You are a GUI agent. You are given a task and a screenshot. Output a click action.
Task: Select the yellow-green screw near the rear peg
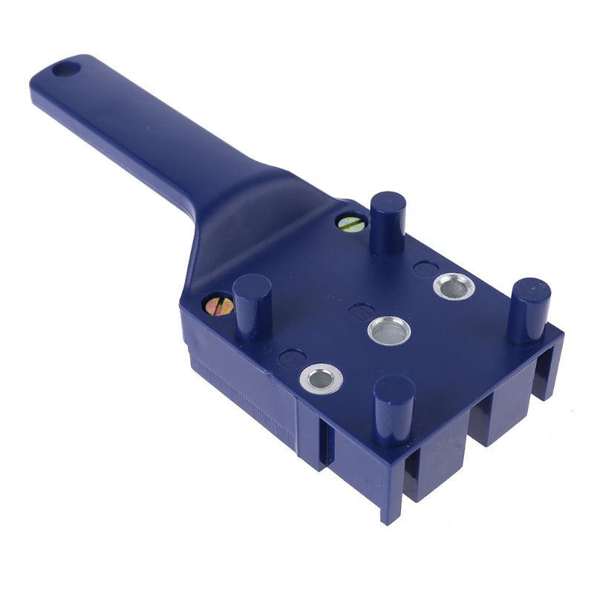click(x=350, y=223)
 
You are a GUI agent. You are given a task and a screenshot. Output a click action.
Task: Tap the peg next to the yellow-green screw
click(x=388, y=221)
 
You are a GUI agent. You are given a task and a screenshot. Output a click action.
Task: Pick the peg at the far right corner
click(x=529, y=308)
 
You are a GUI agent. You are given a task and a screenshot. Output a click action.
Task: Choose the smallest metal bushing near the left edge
click(x=321, y=379)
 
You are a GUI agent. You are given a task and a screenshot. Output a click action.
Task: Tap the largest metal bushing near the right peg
click(x=454, y=286)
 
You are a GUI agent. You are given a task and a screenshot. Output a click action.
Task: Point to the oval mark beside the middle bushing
click(x=361, y=310)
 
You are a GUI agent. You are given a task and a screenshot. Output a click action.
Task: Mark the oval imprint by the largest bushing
click(x=425, y=269)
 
